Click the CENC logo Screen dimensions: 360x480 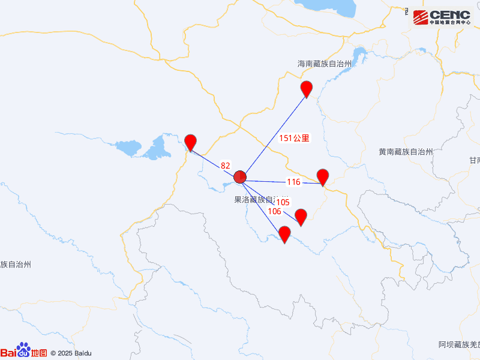(445, 17)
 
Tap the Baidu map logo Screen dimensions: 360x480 (24, 352)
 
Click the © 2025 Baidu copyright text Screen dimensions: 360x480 (71, 353)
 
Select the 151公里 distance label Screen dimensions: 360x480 (295, 138)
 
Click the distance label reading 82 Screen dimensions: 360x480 (225, 166)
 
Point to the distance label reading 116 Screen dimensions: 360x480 (293, 182)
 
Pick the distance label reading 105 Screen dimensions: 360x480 (283, 202)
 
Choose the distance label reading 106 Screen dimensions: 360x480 (274, 211)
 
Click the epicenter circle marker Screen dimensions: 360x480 (240, 177)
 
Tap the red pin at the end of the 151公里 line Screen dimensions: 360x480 (307, 88)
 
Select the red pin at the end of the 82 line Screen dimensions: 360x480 (190, 142)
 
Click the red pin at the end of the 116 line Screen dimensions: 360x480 (323, 176)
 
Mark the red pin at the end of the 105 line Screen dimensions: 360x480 (301, 216)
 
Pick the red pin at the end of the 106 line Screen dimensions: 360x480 (285, 233)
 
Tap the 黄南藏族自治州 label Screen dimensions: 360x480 (406, 152)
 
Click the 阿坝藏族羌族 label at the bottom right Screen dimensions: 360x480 (459, 345)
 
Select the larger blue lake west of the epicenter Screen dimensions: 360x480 (158, 148)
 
